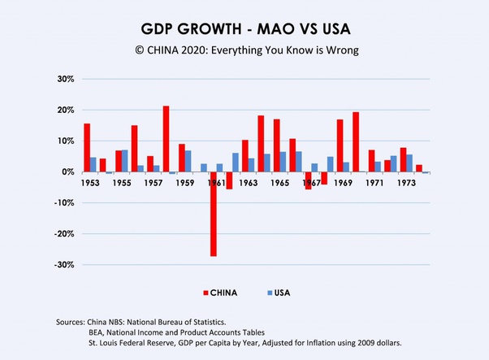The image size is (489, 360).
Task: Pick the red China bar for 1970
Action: click(356, 142)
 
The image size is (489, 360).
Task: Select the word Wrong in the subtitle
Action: click(342, 50)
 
